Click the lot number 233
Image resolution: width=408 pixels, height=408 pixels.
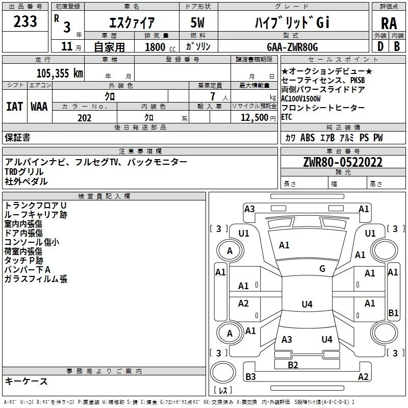point(25,22)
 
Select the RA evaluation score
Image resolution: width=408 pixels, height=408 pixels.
point(389,23)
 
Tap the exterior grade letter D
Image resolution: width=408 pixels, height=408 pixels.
point(380,46)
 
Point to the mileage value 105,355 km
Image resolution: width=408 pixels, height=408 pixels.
point(60,73)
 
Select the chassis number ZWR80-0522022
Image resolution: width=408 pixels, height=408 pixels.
point(343,163)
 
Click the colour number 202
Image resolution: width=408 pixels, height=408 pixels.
point(85,118)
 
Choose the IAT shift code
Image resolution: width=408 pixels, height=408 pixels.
point(14,107)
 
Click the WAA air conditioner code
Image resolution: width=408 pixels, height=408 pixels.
point(39,107)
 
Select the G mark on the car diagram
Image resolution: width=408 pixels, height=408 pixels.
point(322,269)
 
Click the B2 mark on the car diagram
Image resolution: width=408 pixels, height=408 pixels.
point(293,365)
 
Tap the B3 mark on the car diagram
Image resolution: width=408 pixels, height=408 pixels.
point(250,377)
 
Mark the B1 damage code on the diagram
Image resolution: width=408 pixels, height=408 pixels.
point(393,313)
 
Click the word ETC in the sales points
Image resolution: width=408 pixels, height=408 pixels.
point(287,117)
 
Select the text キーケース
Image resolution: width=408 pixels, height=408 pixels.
point(27,381)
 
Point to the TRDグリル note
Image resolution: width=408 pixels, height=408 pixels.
point(24,171)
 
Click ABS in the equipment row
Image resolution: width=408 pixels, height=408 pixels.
point(308,138)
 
